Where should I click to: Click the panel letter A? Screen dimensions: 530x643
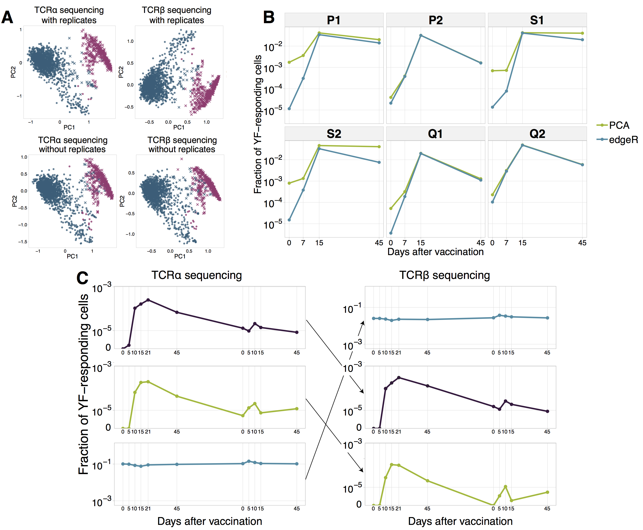(x=7, y=17)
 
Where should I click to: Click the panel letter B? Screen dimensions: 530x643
(x=269, y=17)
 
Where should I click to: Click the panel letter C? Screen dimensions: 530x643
(x=82, y=278)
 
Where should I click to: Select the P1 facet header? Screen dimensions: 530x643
(x=334, y=20)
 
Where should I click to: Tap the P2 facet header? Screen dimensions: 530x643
(x=435, y=20)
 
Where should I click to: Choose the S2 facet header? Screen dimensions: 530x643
(x=334, y=134)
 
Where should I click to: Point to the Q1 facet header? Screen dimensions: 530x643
(x=435, y=134)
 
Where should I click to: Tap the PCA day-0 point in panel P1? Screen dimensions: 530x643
(x=289, y=62)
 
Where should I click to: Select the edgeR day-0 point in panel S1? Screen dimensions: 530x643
(x=492, y=107)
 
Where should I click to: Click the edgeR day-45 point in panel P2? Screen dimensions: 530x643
(x=481, y=63)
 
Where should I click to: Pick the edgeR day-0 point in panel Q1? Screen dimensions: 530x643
(x=391, y=233)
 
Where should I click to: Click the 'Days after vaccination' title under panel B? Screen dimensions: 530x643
(x=435, y=252)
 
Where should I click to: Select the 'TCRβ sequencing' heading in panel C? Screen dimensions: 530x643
(x=444, y=275)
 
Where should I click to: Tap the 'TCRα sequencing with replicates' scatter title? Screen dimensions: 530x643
(x=69, y=15)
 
